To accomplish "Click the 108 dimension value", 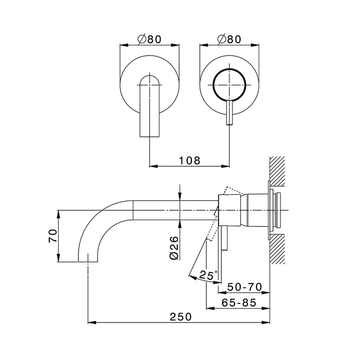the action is (x=190, y=160).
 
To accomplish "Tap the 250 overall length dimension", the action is (x=181, y=317).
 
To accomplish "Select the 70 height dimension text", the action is (x=53, y=236).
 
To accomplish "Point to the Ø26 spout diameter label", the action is (x=174, y=248).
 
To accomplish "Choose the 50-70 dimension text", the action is (x=244, y=287).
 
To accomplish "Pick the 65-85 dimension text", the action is (x=239, y=303).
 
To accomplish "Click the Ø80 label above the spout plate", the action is (x=150, y=39).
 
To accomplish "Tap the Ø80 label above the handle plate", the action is (x=229, y=39).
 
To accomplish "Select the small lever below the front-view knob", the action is (x=229, y=113).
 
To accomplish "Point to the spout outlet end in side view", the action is (x=88, y=261).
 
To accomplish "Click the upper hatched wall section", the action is (x=277, y=171).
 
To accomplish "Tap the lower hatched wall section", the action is (x=277, y=249).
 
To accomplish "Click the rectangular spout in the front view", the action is (x=150, y=106).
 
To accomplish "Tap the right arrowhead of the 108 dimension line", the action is (x=225, y=166).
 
